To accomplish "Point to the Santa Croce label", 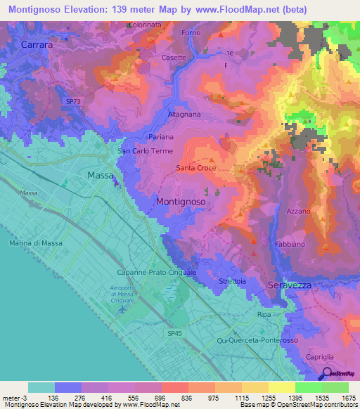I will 195,168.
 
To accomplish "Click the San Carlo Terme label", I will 144,150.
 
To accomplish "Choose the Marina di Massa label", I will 35,242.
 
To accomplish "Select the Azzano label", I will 299,211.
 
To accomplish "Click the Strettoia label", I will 232,282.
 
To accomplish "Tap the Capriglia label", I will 320,358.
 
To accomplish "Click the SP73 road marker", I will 73,102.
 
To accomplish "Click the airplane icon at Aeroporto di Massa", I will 122,309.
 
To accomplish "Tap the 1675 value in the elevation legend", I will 348,398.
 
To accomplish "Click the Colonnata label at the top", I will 145,25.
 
